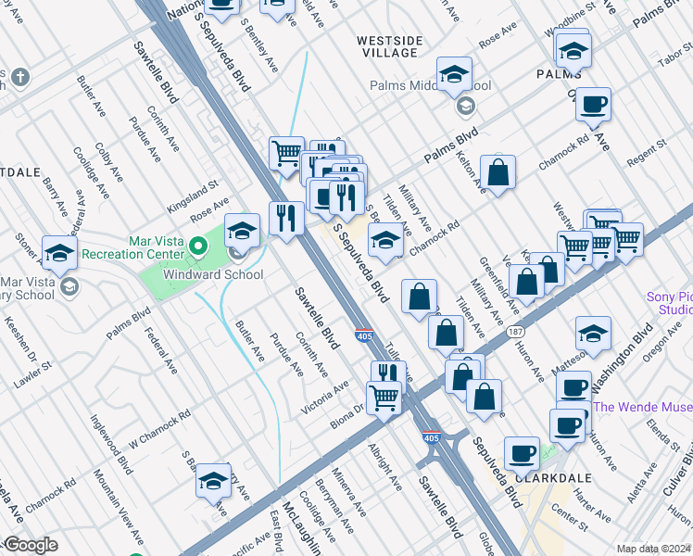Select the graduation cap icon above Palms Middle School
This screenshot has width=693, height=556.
[454, 73]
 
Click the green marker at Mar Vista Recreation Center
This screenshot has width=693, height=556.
[197, 246]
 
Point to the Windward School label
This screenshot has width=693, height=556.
[213, 274]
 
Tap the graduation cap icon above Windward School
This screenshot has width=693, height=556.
[242, 230]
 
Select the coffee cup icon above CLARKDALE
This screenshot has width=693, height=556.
[522, 453]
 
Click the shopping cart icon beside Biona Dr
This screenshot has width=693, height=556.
[384, 398]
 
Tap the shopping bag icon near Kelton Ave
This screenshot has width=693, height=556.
[498, 171]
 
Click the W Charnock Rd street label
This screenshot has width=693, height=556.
[158, 428]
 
